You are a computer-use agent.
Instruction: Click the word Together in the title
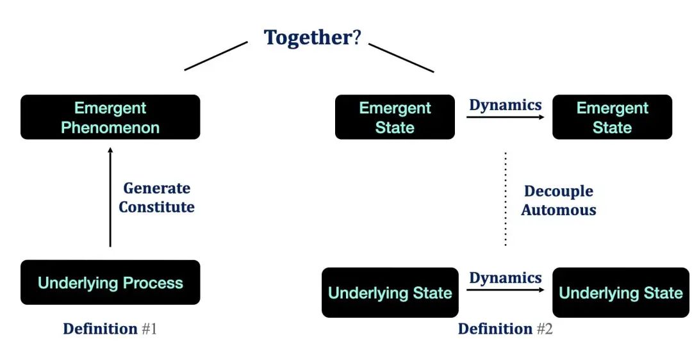(308, 37)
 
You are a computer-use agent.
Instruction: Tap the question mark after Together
(357, 37)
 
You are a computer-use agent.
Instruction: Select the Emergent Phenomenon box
(110, 117)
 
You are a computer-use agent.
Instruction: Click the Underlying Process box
(110, 282)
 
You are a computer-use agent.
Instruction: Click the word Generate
(157, 188)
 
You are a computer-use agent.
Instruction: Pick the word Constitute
(157, 207)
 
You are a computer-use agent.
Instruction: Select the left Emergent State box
(395, 117)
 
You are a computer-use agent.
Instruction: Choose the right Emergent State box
(612, 117)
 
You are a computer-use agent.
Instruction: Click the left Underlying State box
(390, 293)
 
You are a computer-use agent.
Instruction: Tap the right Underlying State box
(620, 293)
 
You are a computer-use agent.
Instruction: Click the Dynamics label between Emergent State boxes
(505, 105)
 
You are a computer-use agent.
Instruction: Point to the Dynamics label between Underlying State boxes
(505, 278)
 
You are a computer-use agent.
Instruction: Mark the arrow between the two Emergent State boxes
(505, 117)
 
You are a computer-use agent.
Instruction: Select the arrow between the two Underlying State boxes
(505, 290)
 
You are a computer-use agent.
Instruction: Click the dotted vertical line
(505, 199)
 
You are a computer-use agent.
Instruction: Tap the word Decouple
(559, 191)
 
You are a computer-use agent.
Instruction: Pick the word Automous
(559, 209)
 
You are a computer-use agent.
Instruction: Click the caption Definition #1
(110, 329)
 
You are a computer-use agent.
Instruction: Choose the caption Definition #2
(505, 329)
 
